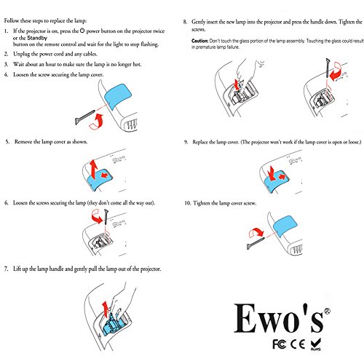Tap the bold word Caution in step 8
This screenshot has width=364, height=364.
(x=202, y=41)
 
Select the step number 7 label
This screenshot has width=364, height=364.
(x=7, y=269)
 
